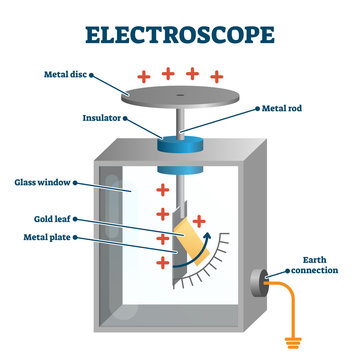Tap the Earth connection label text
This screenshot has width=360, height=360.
pos(312,266)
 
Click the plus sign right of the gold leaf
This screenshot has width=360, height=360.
pos(199,220)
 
